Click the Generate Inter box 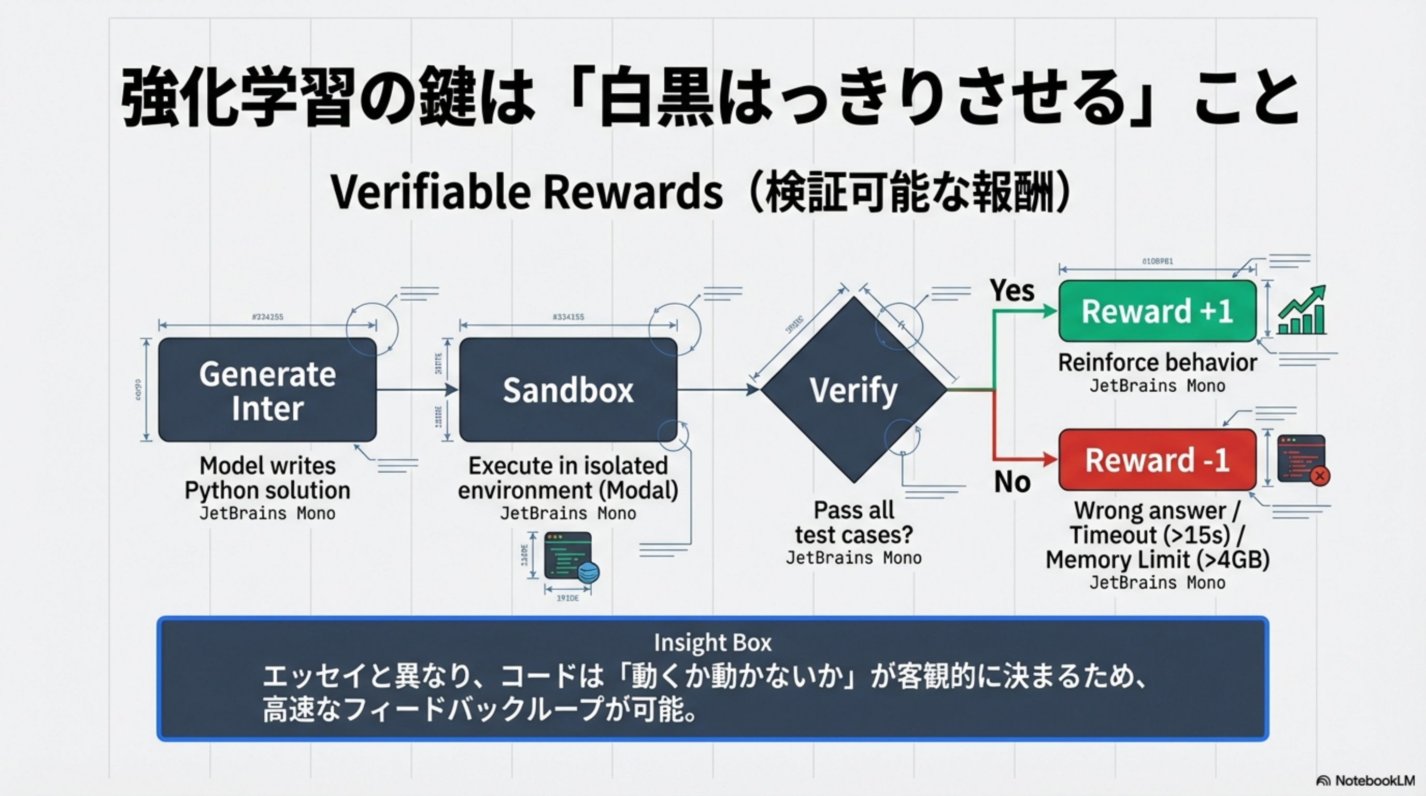coord(267,390)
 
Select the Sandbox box coord(568,390)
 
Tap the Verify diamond coord(853,390)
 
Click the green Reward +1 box coord(1157,311)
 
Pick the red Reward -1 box coord(1157,460)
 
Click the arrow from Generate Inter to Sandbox coord(418,390)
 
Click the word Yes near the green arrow coord(1012,290)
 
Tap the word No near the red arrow coord(1012,481)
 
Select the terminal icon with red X coord(1303,460)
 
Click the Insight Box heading coord(712,643)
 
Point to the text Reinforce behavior coord(1157,363)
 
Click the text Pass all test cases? coord(853,522)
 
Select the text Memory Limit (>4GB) coord(1157,560)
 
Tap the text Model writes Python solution coord(267,478)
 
